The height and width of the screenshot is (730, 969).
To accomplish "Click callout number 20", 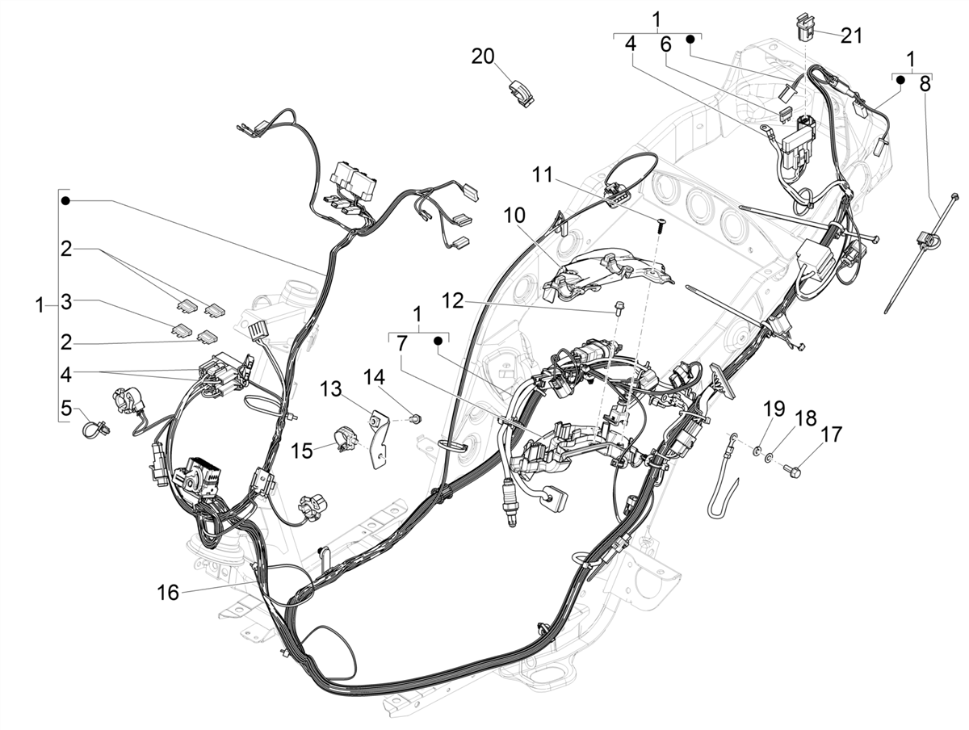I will (x=483, y=57).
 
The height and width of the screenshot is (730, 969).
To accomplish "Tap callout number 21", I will (x=851, y=36).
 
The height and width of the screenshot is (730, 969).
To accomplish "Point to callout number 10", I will (x=515, y=216).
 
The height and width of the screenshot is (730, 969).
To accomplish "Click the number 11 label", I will (x=543, y=174).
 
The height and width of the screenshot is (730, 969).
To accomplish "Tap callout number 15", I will (x=301, y=449).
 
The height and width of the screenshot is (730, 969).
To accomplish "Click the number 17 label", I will (x=831, y=434).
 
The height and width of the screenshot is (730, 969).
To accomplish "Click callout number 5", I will (x=66, y=407).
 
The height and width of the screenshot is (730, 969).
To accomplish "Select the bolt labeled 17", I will (x=794, y=467).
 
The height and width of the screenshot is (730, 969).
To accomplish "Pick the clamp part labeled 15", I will (x=343, y=438).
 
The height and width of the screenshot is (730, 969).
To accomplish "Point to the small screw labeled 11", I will (x=659, y=226).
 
